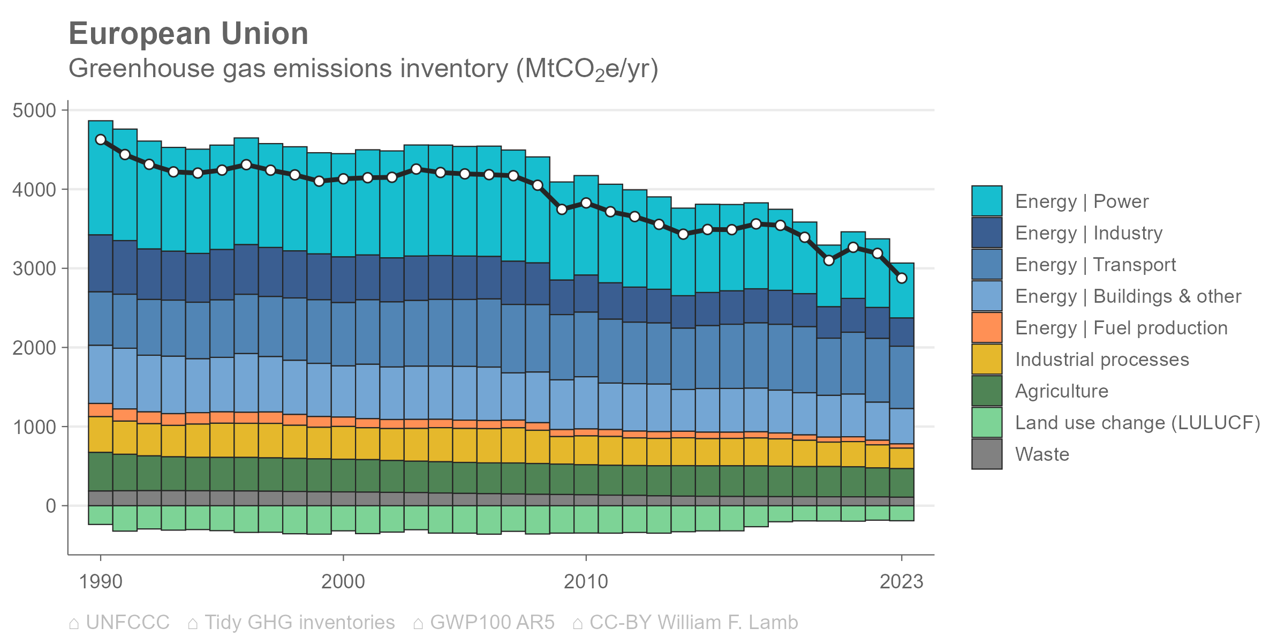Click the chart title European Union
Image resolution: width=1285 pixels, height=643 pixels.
[x=188, y=34]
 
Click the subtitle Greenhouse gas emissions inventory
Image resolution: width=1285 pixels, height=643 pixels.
[x=363, y=69]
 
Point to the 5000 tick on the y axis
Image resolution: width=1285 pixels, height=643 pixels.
[x=34, y=111]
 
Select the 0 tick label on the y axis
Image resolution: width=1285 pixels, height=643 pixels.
[x=51, y=506]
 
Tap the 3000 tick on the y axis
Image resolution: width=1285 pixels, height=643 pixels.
[x=34, y=269]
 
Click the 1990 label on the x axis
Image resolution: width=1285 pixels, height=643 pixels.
[x=101, y=581]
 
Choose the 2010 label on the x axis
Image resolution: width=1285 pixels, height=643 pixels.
[x=586, y=581]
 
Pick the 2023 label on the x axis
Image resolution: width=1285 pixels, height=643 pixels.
[x=902, y=581]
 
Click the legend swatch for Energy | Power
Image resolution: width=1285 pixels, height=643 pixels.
[x=987, y=201]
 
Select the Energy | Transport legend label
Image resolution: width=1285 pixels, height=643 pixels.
[x=1095, y=265]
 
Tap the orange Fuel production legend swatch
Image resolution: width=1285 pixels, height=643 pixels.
[x=987, y=327]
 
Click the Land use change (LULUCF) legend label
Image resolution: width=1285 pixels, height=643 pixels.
[x=1138, y=423]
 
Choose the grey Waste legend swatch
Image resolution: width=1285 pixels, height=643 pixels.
[x=987, y=454]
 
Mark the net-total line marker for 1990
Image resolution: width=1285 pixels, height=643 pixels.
[x=101, y=140]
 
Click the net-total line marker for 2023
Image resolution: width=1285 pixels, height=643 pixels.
[x=902, y=278]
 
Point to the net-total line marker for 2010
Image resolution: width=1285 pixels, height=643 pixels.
[x=586, y=203]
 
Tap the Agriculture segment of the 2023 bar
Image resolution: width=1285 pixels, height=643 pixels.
[x=902, y=482]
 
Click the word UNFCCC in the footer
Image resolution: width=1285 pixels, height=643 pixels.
[x=127, y=623]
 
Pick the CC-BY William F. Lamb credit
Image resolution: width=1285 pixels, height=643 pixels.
[x=693, y=623]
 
